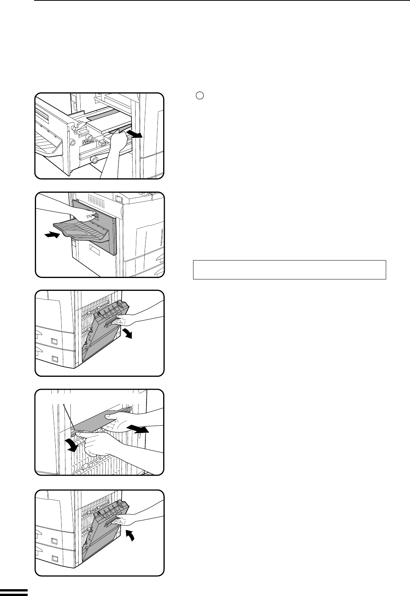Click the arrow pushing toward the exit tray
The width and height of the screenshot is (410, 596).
52,236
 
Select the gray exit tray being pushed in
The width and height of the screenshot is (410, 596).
81,231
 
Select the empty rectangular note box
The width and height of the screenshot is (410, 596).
289,270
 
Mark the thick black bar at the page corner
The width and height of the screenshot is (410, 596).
14,592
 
